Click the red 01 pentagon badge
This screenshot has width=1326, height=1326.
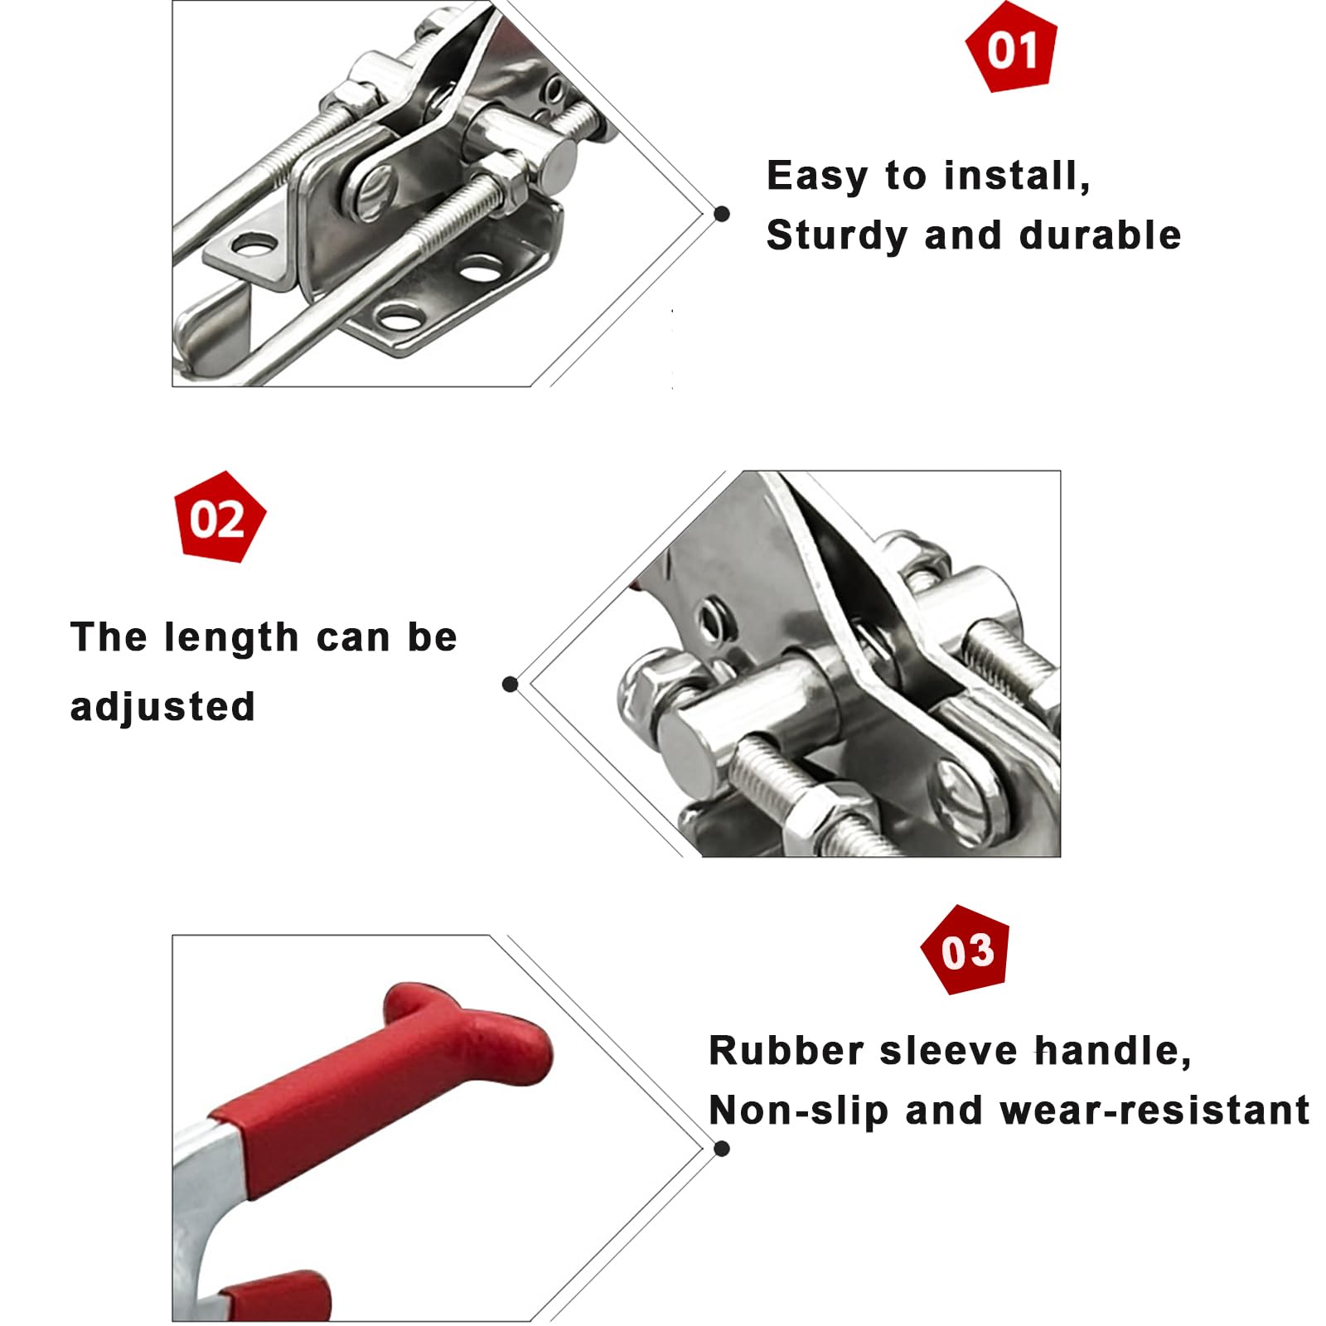(x=1012, y=47)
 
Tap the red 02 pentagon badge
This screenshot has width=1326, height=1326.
(x=220, y=518)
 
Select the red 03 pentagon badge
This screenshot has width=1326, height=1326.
(x=966, y=951)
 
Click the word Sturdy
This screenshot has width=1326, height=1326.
(x=837, y=236)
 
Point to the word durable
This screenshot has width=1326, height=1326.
(x=1100, y=235)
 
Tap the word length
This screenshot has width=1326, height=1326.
(x=231, y=638)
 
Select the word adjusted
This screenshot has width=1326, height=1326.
(x=162, y=707)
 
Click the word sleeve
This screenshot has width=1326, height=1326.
(x=948, y=1051)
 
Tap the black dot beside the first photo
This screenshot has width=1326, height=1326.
(x=722, y=214)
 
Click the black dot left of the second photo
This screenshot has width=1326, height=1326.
(x=511, y=684)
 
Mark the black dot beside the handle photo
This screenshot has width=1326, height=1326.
(x=722, y=1149)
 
